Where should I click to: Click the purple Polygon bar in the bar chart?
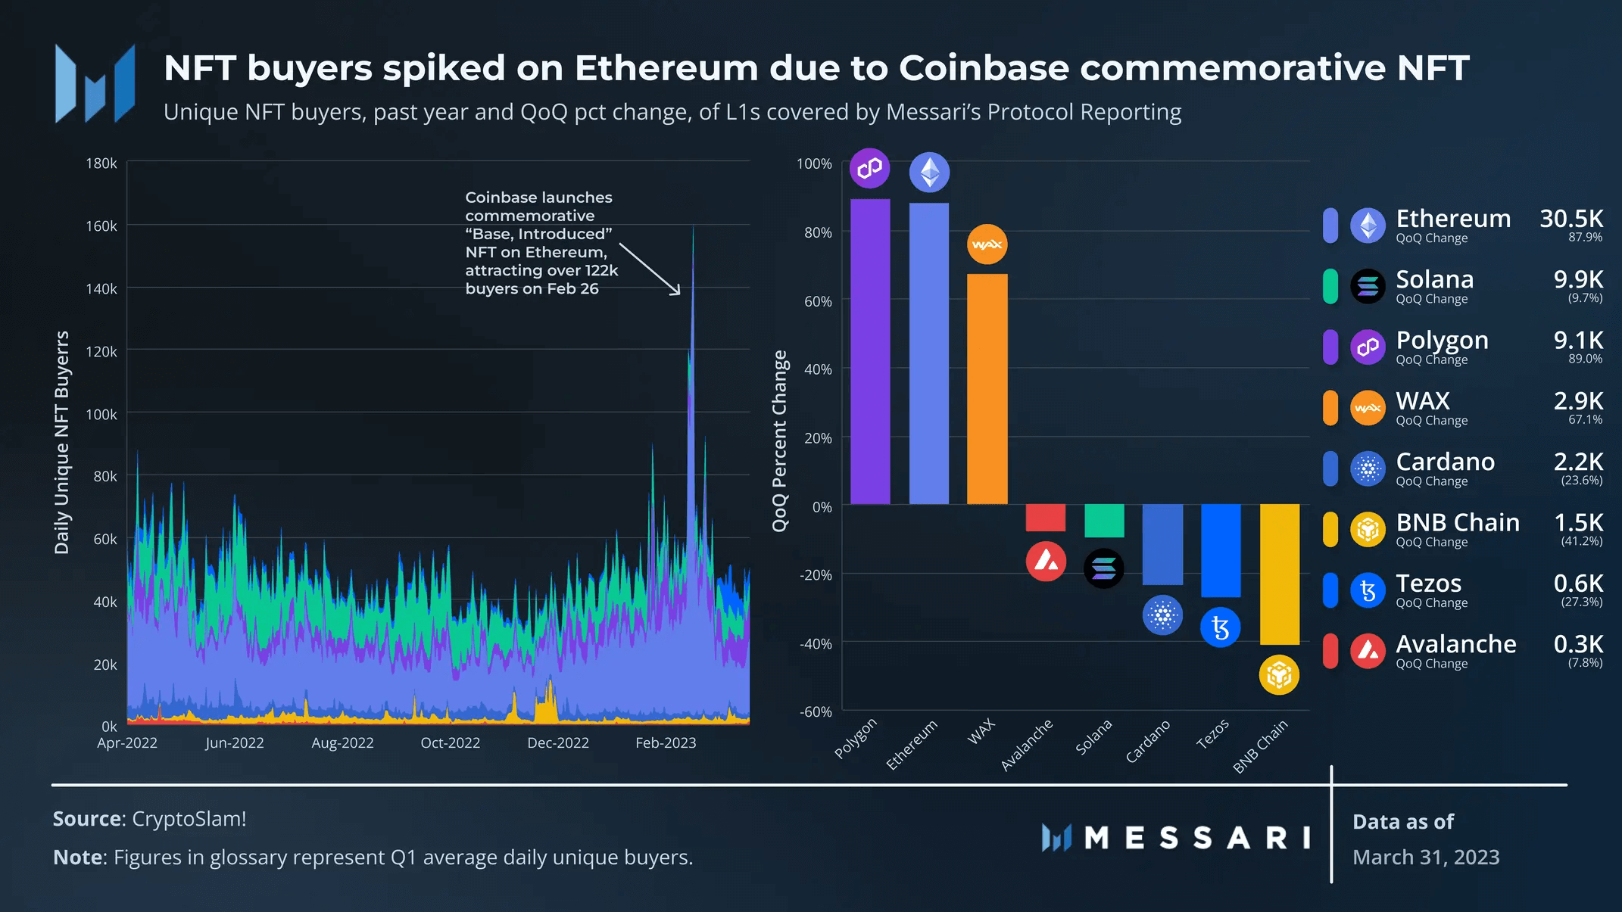870,352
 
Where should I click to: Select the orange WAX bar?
987,389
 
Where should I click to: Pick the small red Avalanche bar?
1045,518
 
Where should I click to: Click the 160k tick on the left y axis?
101,226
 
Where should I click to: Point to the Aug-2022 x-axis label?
342,743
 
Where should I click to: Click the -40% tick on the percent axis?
816,644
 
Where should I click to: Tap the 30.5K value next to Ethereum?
1571,219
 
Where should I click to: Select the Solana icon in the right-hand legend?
1368,286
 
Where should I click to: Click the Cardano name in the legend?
1445,462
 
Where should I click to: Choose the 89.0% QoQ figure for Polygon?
1585,359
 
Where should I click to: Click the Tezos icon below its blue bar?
1220,627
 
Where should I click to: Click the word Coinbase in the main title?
984,68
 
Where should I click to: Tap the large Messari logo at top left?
95,84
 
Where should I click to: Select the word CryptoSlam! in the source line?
189,819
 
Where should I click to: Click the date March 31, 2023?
1426,858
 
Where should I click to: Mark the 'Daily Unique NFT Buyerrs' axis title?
62,442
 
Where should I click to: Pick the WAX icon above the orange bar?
987,244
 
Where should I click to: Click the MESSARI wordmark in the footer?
1196,839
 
